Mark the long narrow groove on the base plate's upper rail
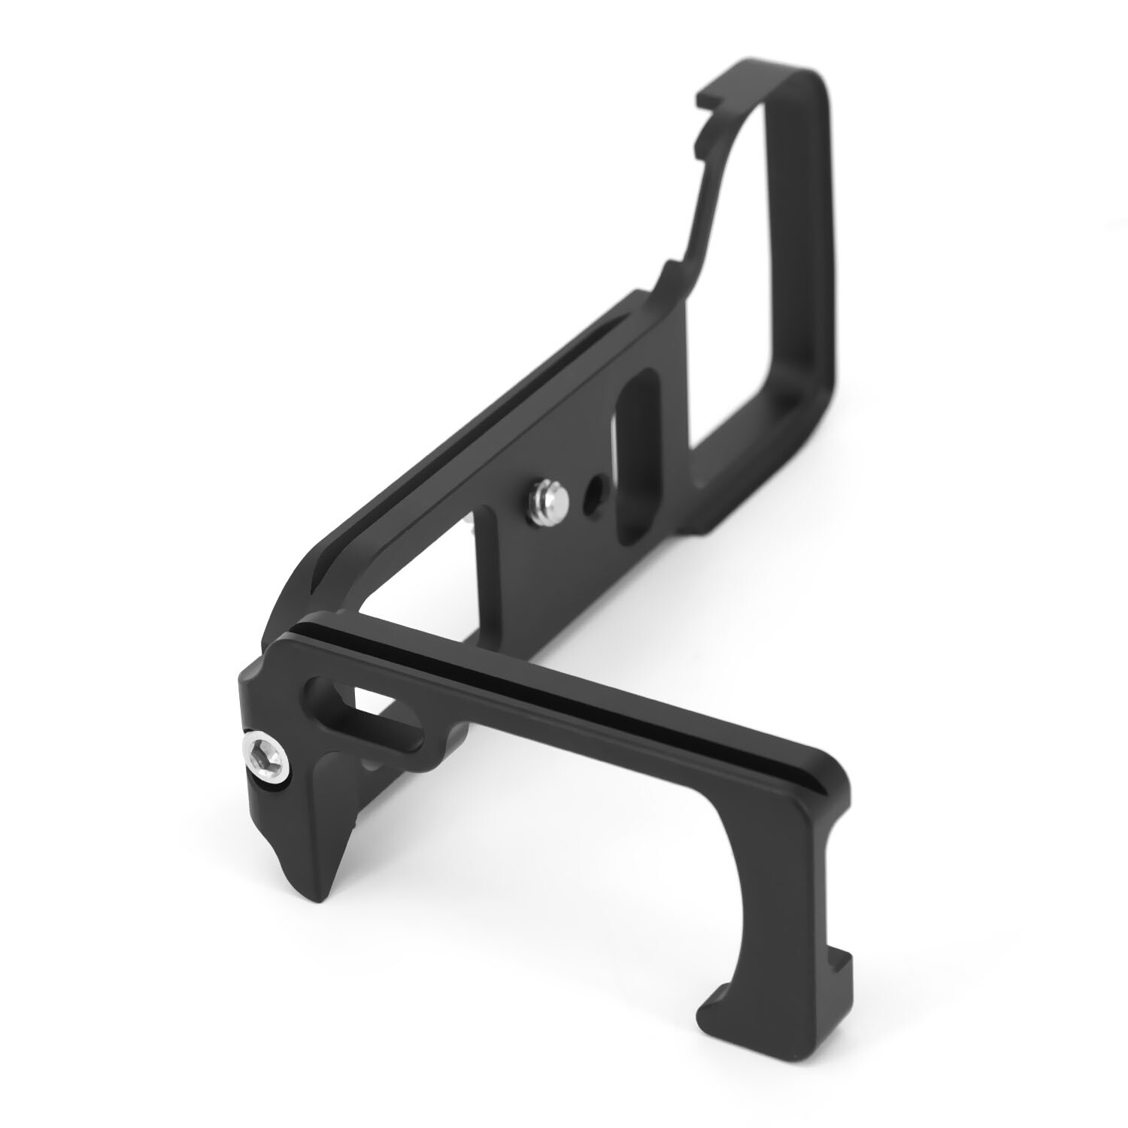451,444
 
